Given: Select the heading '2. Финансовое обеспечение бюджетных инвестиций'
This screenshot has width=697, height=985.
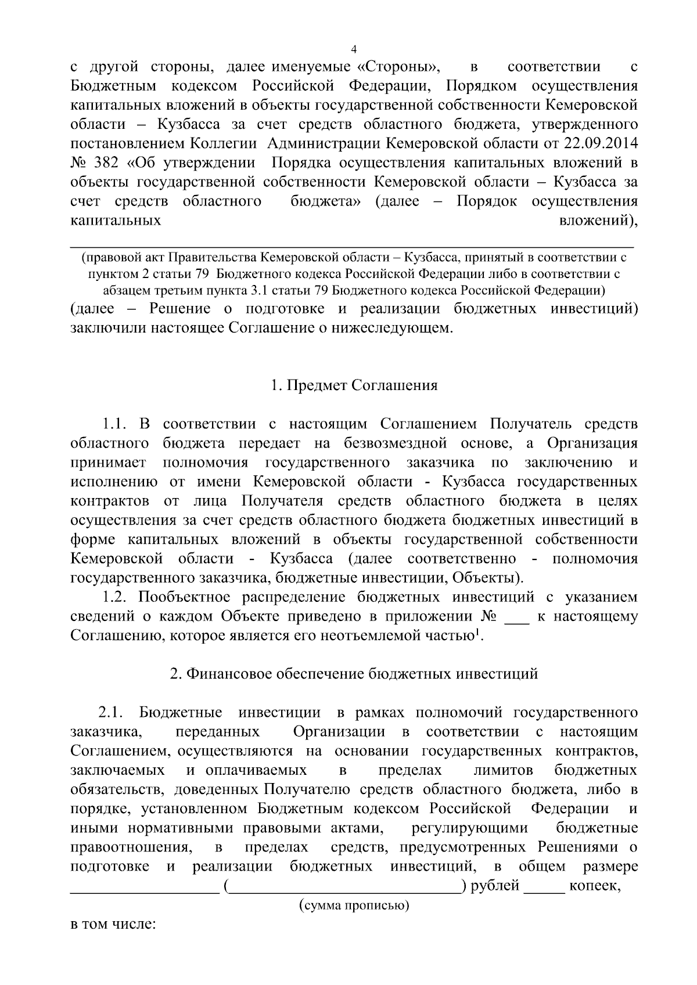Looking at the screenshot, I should click(354, 674).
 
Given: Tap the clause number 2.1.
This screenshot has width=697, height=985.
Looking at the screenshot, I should click(110, 712).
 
